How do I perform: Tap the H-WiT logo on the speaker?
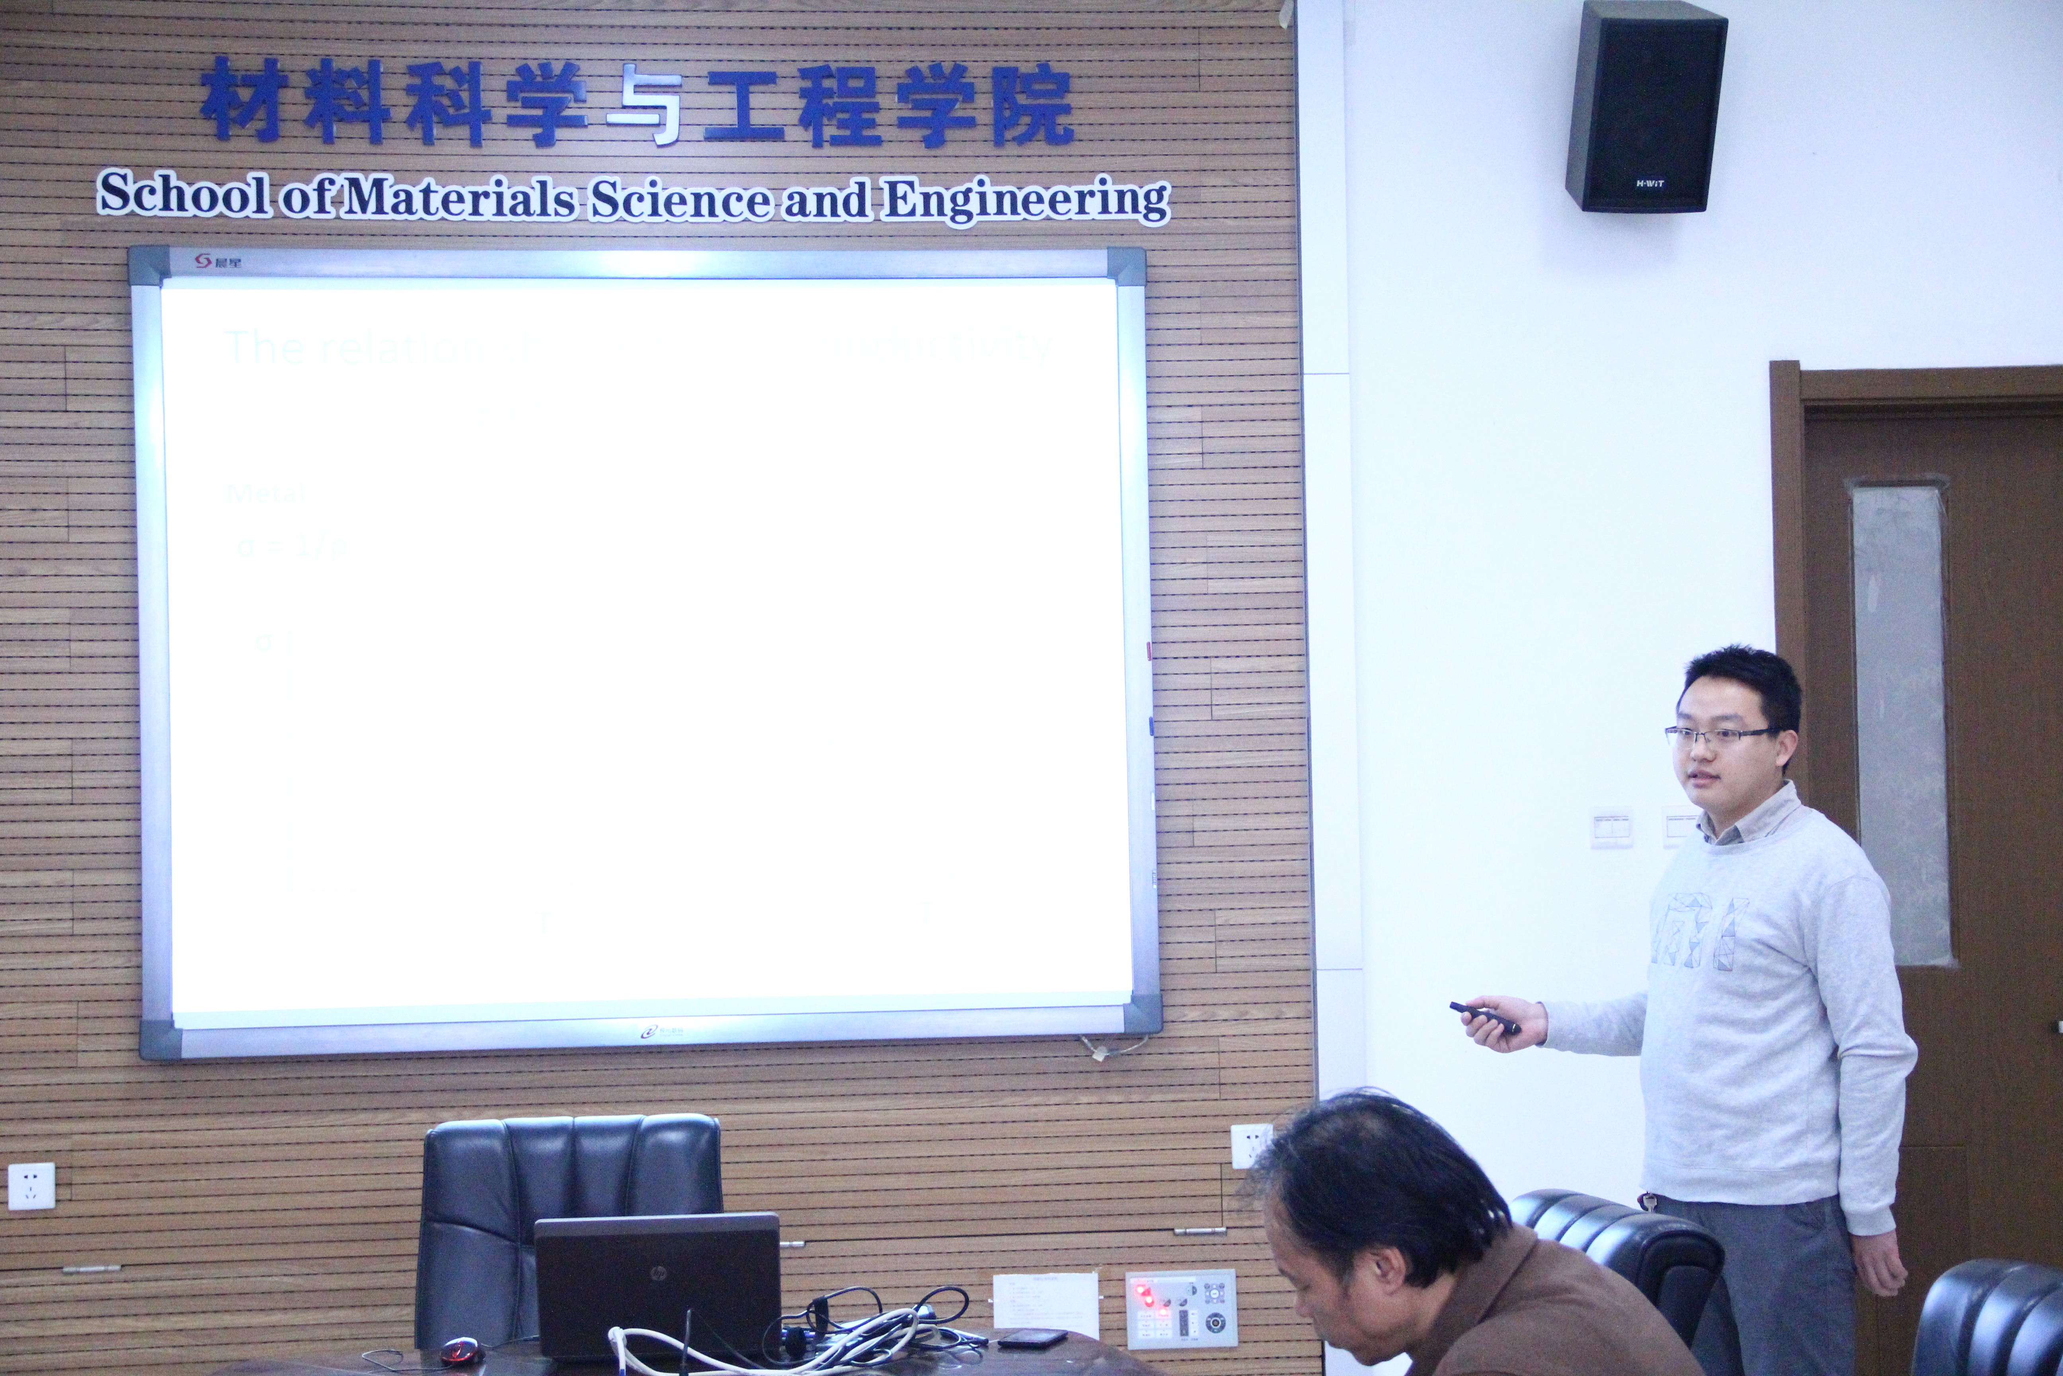(x=1649, y=184)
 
